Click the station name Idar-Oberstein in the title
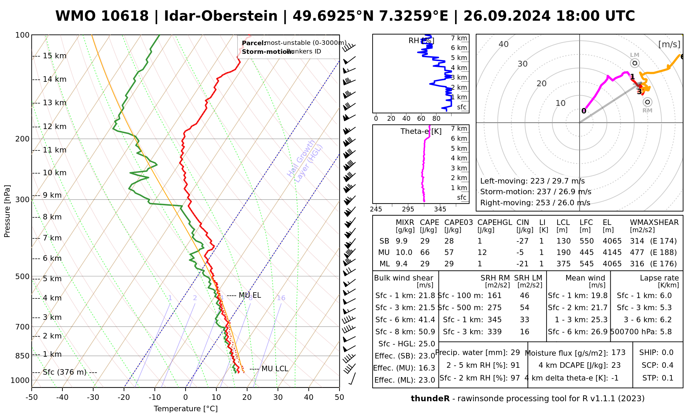click(x=221, y=16)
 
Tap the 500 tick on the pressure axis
click(x=23, y=276)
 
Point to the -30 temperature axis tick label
click(x=93, y=397)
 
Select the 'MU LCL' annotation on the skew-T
click(x=275, y=369)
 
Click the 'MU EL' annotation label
click(x=250, y=295)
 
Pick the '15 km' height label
click(x=55, y=56)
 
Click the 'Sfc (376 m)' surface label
click(x=69, y=372)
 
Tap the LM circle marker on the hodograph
click(x=635, y=63)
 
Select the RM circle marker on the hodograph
click(x=648, y=102)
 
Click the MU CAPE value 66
click(x=425, y=253)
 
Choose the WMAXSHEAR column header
click(x=654, y=223)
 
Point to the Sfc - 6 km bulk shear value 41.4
click(x=427, y=320)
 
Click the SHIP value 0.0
click(x=668, y=353)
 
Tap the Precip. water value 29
click(x=515, y=353)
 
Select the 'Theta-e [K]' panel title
click(x=421, y=131)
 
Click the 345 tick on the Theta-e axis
click(x=440, y=209)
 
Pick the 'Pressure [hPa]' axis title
click(x=7, y=211)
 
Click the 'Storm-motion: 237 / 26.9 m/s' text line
click(x=535, y=192)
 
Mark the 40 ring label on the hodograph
click(x=504, y=44)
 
